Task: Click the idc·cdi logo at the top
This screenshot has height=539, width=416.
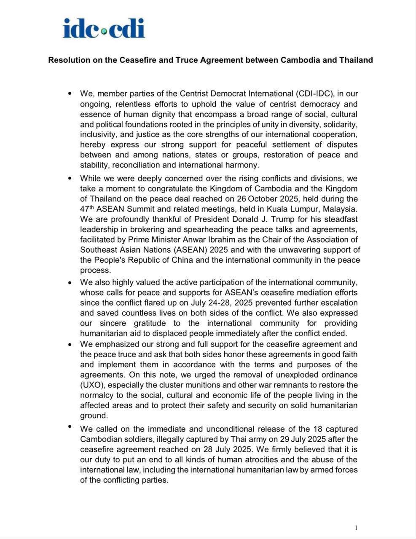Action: click(104, 28)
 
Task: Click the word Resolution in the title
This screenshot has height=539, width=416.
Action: click(68, 60)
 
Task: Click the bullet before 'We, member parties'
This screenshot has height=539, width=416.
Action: click(70, 93)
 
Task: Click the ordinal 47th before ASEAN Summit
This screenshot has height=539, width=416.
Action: click(87, 209)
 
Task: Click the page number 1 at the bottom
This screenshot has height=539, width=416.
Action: click(356, 528)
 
